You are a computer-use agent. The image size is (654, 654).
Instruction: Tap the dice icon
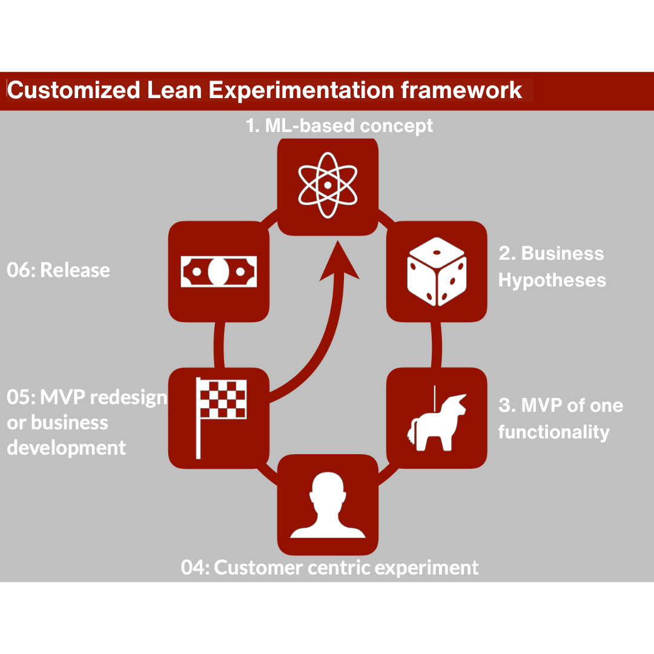tap(437, 272)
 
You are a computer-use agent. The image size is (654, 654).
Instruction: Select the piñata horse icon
tap(437, 418)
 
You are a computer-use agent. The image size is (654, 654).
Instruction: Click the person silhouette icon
tap(328, 506)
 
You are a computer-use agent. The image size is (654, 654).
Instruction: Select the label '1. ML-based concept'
tap(339, 125)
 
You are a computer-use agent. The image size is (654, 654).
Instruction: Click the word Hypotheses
tap(552, 280)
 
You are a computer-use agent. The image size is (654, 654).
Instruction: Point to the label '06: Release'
tap(59, 270)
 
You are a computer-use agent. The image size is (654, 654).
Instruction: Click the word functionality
tap(553, 432)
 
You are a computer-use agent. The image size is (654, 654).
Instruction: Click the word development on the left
tap(67, 448)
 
